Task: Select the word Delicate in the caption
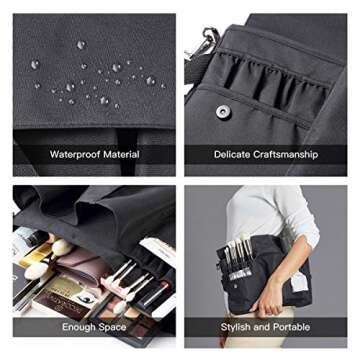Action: pyautogui.click(x=232, y=155)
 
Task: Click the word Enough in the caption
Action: pyautogui.click(x=79, y=327)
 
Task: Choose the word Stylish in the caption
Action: pyautogui.click(x=235, y=327)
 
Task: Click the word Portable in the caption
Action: pyautogui.click(x=292, y=327)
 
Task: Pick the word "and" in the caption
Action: pyautogui.click(x=262, y=327)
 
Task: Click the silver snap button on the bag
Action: pyautogui.click(x=223, y=112)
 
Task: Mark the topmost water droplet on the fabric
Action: pyautogui.click(x=81, y=45)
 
